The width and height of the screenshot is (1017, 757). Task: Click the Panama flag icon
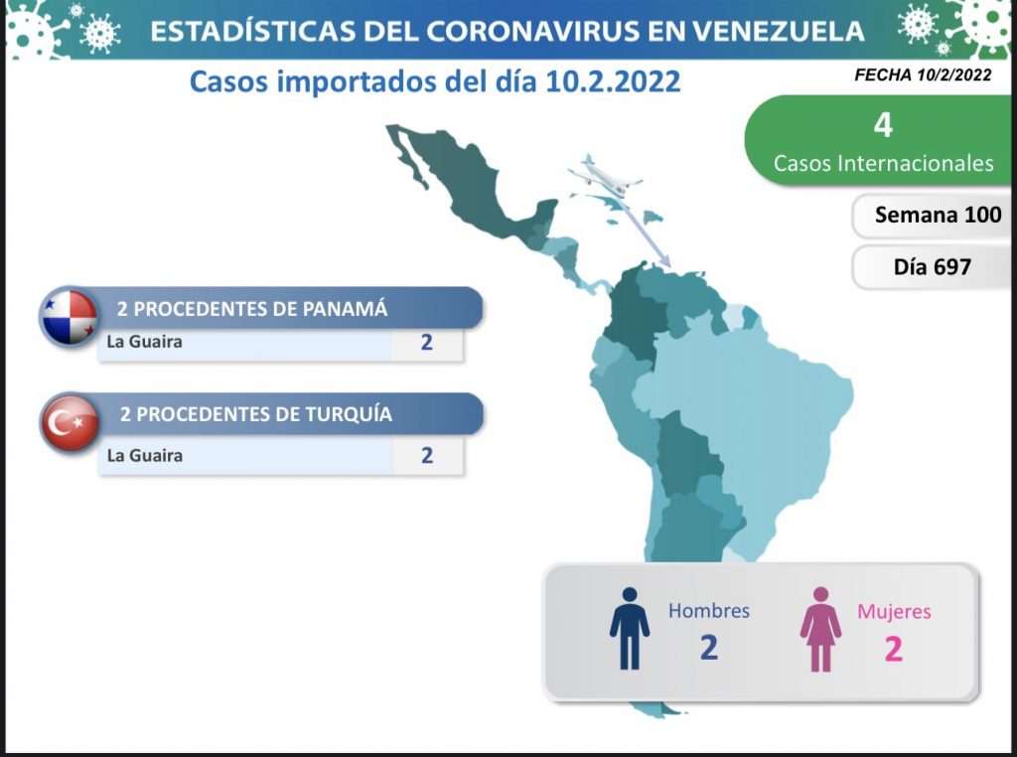tap(69, 316)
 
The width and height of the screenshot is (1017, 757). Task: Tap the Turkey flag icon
tap(71, 423)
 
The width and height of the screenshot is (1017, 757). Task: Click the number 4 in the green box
tap(883, 124)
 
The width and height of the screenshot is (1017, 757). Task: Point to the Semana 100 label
tap(938, 215)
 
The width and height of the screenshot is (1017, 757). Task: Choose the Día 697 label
tap(932, 266)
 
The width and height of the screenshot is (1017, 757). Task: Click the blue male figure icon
tap(629, 628)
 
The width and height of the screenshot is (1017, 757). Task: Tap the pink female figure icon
tap(820, 629)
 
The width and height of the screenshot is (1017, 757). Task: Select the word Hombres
tap(709, 610)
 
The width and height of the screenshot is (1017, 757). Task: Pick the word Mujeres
tap(894, 611)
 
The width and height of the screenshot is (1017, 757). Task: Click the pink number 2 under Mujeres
tap(893, 649)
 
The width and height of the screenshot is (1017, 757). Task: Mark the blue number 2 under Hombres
tap(709, 648)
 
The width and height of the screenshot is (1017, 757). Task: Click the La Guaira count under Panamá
tap(426, 342)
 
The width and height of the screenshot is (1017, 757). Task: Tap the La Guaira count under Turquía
tap(427, 455)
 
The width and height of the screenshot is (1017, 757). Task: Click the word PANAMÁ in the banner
tap(345, 308)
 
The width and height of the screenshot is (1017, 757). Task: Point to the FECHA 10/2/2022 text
tap(923, 76)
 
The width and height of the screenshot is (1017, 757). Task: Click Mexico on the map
tap(467, 182)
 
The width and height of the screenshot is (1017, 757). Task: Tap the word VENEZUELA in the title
tap(778, 31)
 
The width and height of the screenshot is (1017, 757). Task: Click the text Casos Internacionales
tap(883, 163)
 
